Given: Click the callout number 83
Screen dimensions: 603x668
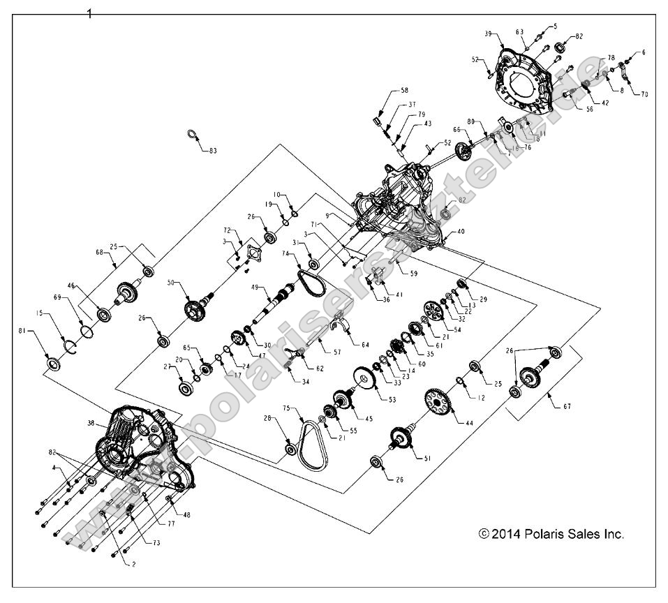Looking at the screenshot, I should point(213,150).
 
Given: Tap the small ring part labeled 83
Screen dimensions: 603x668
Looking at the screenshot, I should point(193,134).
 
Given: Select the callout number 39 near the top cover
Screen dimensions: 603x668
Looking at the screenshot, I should point(488,34).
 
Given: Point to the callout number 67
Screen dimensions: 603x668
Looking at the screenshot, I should point(566,405).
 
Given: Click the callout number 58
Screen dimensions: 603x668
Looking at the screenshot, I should point(404,91).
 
